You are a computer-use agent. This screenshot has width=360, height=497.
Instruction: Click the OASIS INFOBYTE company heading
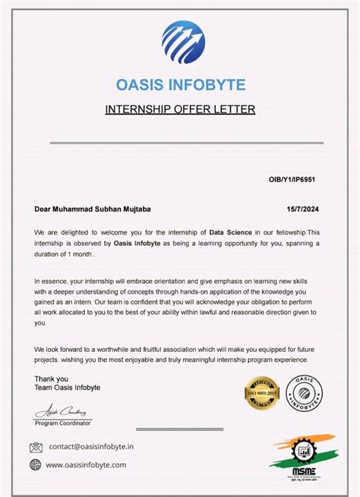(x=180, y=83)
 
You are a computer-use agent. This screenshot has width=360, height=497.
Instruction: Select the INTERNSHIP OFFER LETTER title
(x=180, y=109)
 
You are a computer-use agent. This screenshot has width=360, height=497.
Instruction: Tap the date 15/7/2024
(x=302, y=209)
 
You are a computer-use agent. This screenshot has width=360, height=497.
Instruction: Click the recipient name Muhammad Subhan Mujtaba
(x=106, y=209)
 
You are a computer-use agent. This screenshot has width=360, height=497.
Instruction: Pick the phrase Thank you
(x=51, y=379)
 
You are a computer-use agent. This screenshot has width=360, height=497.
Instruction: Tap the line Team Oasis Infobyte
(x=67, y=388)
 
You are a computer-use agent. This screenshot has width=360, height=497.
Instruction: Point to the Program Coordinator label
(x=64, y=422)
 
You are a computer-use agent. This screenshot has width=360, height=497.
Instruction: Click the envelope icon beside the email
(x=36, y=447)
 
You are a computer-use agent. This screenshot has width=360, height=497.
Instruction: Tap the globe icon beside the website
(x=36, y=464)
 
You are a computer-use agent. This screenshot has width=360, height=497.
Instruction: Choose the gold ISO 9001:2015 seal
(x=262, y=392)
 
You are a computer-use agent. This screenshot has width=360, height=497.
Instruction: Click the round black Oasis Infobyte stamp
(x=304, y=392)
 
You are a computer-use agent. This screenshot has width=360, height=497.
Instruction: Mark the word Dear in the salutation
(x=42, y=209)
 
